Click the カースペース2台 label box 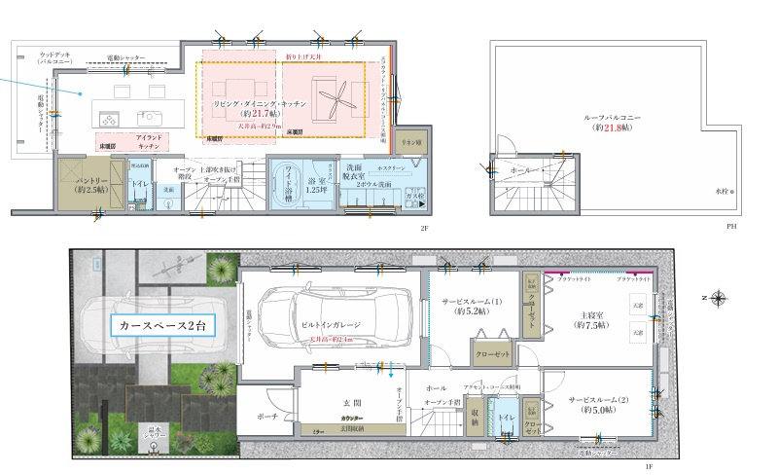click(x=162, y=324)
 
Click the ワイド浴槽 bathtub click(x=290, y=180)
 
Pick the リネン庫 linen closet click(x=411, y=142)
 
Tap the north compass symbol click(x=717, y=298)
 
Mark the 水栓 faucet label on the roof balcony click(x=722, y=191)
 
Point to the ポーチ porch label click(x=269, y=416)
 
